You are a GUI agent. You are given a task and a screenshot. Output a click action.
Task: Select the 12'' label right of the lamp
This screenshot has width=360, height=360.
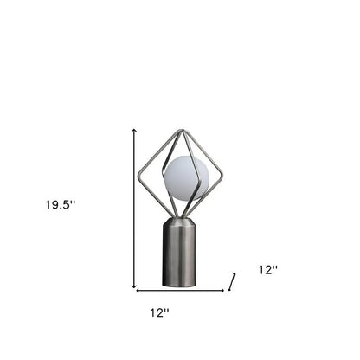point(267,270)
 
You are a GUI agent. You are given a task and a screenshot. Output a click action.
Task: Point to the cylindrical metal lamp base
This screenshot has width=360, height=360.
point(180,255)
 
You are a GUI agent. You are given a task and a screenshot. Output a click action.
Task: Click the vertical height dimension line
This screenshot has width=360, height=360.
point(134,208)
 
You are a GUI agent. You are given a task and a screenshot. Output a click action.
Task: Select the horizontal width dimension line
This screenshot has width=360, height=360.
point(180,290)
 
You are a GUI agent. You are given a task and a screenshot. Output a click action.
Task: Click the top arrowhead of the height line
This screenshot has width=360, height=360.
point(134,130)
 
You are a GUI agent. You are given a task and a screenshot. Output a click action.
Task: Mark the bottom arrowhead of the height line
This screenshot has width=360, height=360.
point(134,286)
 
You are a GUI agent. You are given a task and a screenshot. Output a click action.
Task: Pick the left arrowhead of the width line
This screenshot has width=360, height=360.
point(138,290)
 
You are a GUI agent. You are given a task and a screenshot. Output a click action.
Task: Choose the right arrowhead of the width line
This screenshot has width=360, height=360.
point(222,290)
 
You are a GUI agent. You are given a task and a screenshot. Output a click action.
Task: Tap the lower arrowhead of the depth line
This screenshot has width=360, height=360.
point(229,289)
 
